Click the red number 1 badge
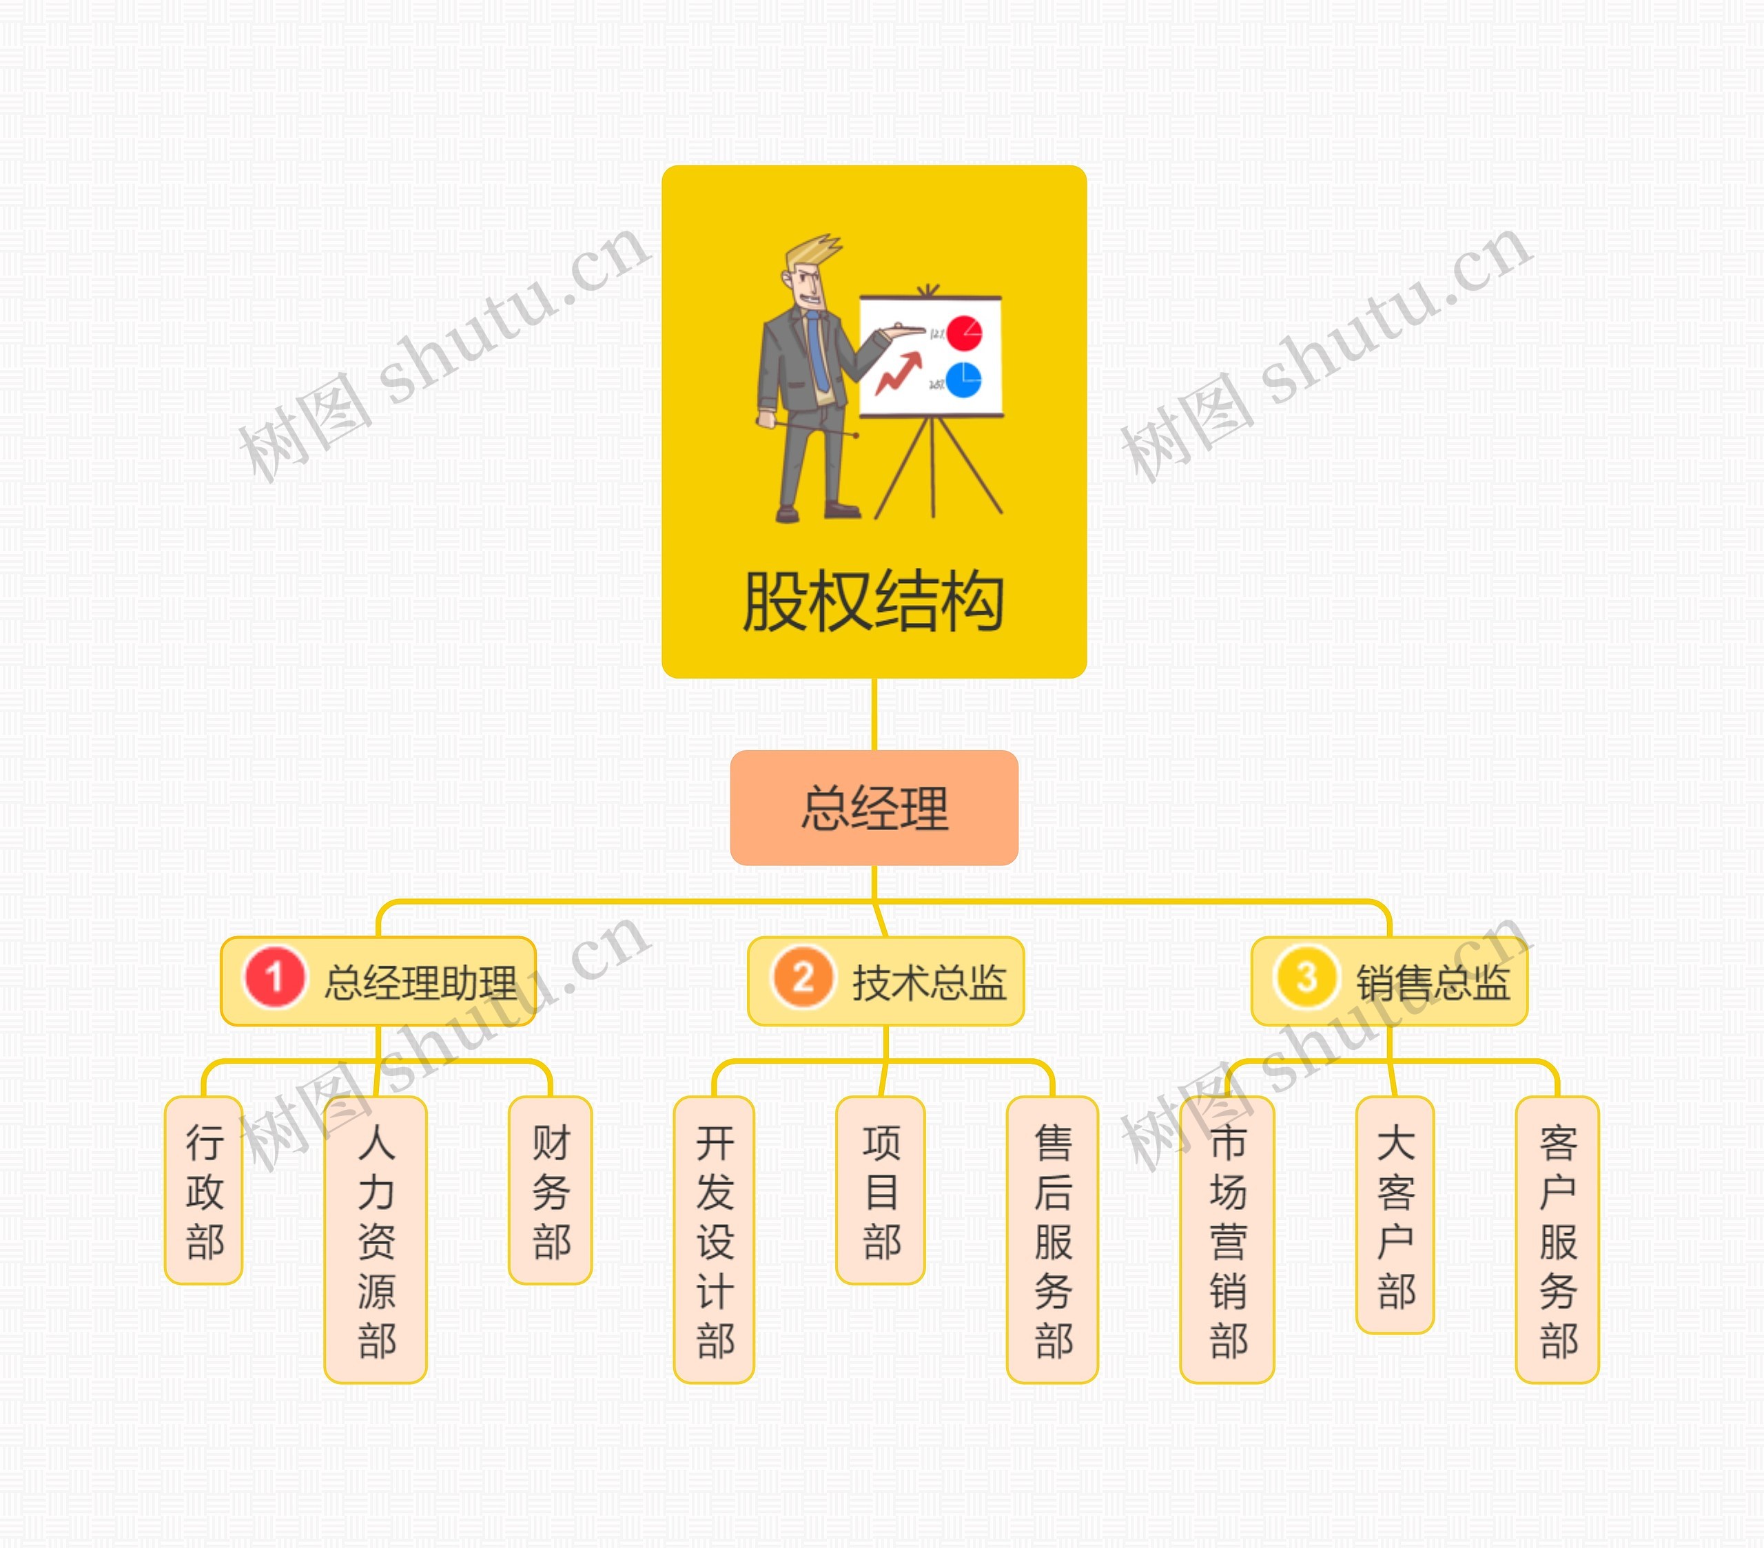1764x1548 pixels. [x=274, y=978]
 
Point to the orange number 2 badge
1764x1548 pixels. [x=803, y=978]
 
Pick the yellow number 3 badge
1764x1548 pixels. [x=1306, y=978]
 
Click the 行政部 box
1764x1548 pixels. [x=204, y=1190]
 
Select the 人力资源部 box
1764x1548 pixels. [x=376, y=1239]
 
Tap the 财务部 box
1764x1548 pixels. [x=551, y=1190]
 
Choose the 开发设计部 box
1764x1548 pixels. [x=715, y=1239]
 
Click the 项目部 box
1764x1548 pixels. [x=880, y=1190]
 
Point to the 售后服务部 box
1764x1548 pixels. [x=1053, y=1239]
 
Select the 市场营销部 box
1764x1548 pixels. [x=1227, y=1239]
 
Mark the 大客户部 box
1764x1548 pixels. [x=1395, y=1215]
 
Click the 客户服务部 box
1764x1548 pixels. [x=1558, y=1239]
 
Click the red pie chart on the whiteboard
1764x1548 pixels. [x=963, y=333]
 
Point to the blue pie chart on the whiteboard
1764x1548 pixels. [x=963, y=380]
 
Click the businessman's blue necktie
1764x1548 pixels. [x=817, y=349]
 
